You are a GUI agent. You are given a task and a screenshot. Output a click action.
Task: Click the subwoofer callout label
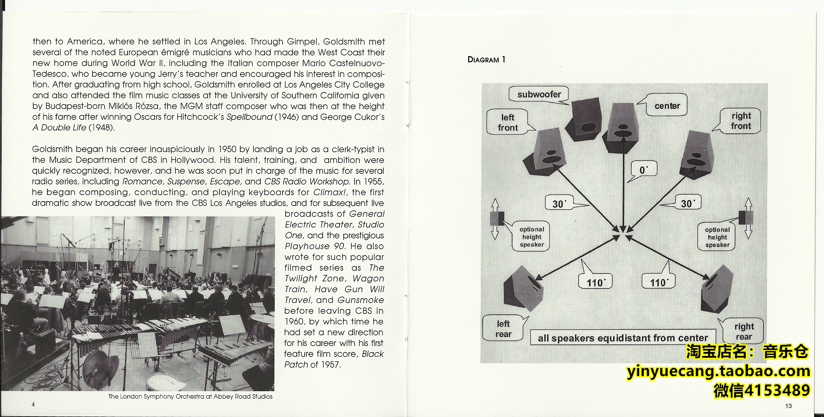pyautogui.click(x=539, y=94)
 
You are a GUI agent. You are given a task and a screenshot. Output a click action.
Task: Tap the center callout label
pyautogui.click(x=667, y=106)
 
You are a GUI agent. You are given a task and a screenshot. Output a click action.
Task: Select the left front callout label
pyautogui.click(x=508, y=122)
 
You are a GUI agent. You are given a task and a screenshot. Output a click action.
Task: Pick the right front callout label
pyautogui.click(x=741, y=121)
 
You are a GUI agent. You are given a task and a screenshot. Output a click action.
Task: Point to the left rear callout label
pyautogui.click(x=503, y=329)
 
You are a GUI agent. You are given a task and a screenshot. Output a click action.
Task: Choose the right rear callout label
pyautogui.click(x=744, y=331)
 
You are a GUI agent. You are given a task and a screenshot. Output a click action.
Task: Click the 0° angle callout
pyautogui.click(x=643, y=170)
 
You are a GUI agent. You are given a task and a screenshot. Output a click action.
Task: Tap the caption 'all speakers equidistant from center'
pyautogui.click(x=623, y=338)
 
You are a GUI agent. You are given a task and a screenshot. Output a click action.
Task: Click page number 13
pyautogui.click(x=789, y=406)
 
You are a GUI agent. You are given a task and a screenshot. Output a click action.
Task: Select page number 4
pyautogui.click(x=33, y=404)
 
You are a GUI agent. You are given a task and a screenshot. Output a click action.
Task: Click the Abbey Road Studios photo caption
pyautogui.click(x=190, y=396)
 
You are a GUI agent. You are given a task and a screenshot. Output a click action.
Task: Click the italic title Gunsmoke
pyautogui.click(x=360, y=300)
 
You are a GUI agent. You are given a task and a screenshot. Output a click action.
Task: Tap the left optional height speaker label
pyautogui.click(x=532, y=237)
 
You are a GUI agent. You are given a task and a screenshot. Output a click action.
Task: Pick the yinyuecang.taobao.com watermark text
pyautogui.click(x=718, y=371)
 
